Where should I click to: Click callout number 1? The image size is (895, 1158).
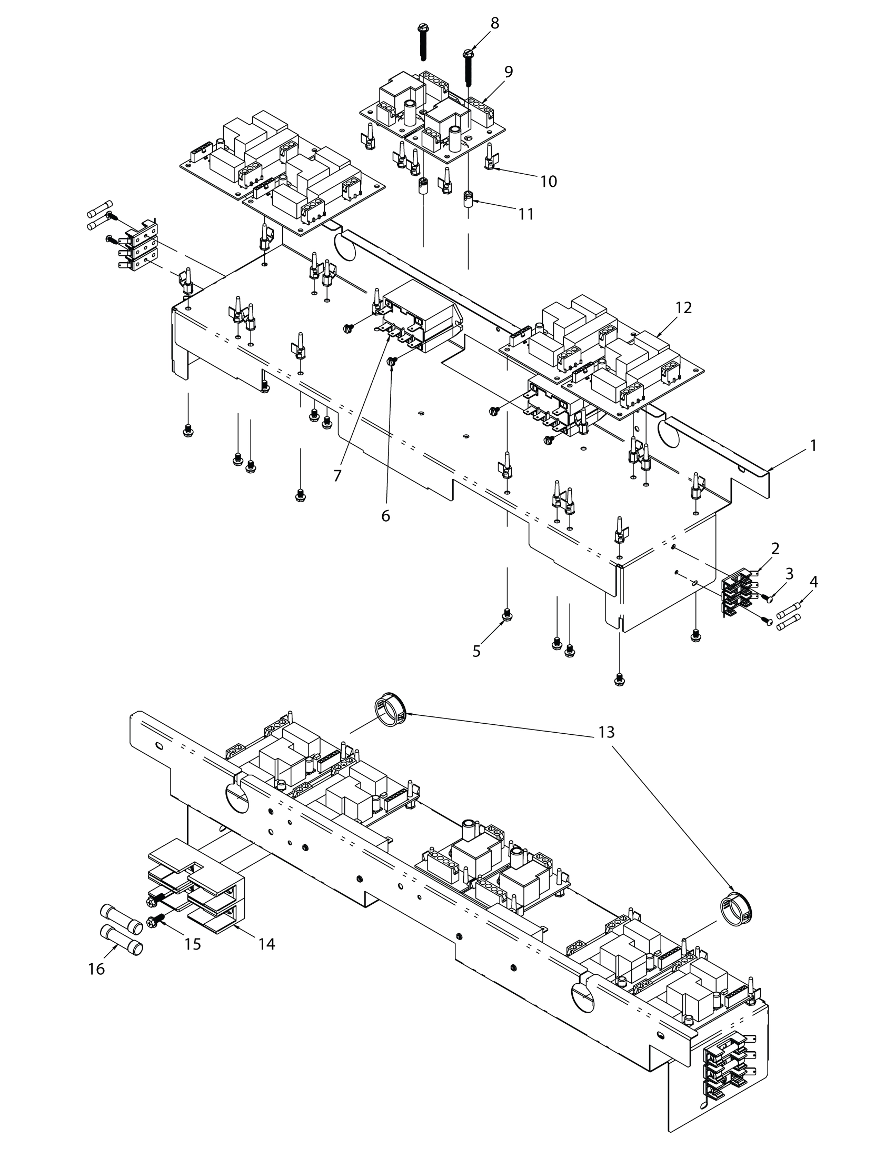click(813, 446)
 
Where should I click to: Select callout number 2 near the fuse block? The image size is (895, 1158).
click(775, 548)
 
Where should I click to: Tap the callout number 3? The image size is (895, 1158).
click(790, 573)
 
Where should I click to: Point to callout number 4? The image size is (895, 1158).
click(813, 582)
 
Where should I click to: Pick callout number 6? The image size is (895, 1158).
click(385, 515)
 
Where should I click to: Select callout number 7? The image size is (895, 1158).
click(337, 476)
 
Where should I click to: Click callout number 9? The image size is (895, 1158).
click(509, 72)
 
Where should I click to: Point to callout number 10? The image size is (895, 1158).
click(549, 182)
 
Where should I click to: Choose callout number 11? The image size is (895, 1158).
click(526, 214)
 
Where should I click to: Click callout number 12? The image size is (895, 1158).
click(683, 307)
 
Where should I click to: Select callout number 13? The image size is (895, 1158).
click(606, 732)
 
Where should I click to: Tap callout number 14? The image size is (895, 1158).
click(267, 944)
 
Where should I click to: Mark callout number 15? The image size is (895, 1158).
click(193, 944)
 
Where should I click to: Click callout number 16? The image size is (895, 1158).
click(96, 969)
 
